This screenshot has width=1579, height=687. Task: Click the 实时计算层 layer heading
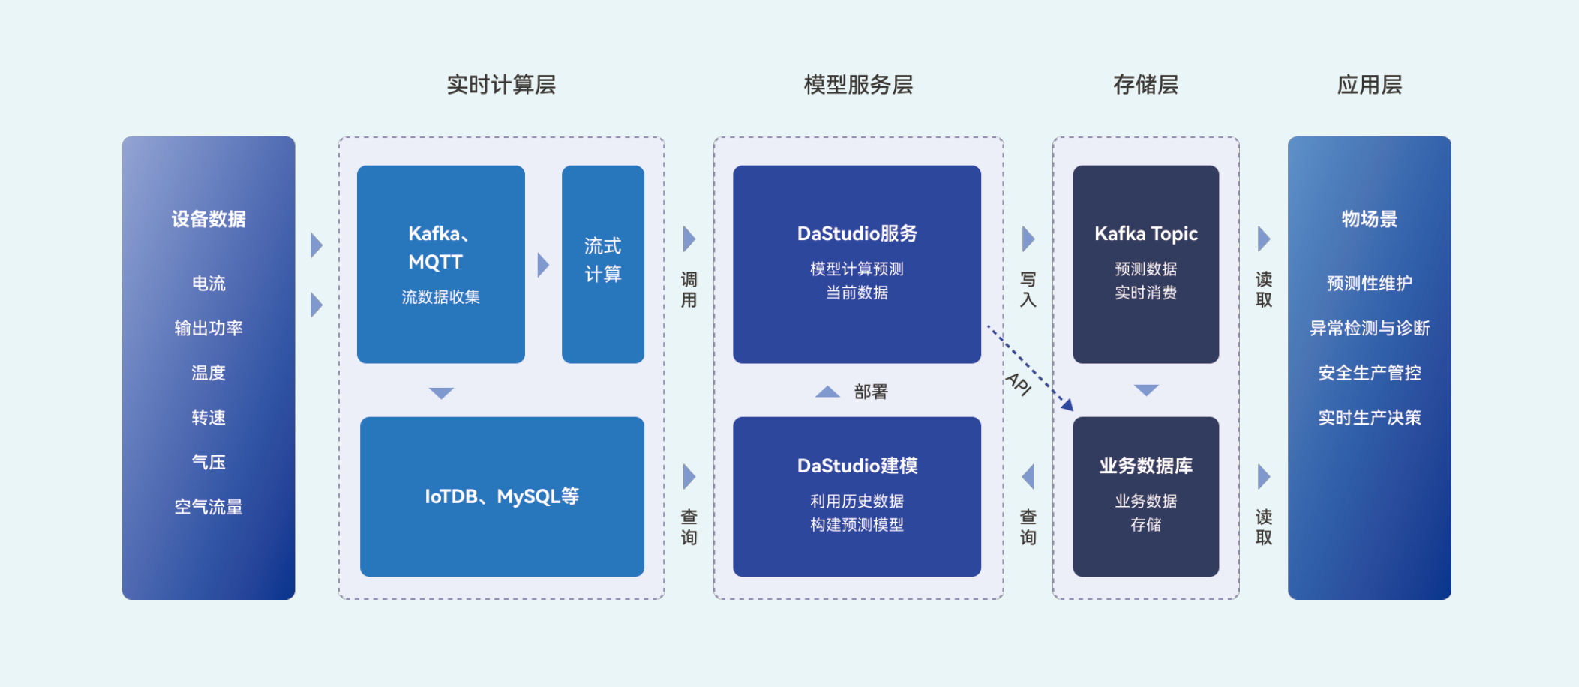click(501, 85)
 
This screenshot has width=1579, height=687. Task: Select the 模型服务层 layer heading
click(858, 85)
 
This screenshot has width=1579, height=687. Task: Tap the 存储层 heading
click(1145, 85)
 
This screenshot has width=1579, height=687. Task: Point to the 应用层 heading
click(1370, 85)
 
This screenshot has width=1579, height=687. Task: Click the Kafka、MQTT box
click(441, 264)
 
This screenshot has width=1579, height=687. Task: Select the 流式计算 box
click(603, 264)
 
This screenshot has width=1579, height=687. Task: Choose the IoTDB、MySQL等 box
click(502, 496)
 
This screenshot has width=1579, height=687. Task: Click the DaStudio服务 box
click(857, 264)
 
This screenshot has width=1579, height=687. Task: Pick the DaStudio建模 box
click(857, 496)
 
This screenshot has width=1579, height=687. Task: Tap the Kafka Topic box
click(1145, 264)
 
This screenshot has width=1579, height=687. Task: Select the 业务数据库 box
click(1145, 496)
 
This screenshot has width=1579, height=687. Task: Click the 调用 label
click(689, 289)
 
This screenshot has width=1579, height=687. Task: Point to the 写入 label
click(1028, 289)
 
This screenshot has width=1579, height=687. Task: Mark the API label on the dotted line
click(1019, 383)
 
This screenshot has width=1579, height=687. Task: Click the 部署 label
click(871, 391)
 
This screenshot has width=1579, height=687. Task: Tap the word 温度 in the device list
click(209, 373)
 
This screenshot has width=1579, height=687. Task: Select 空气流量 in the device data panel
click(209, 507)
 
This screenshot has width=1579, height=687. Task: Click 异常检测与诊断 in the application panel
click(1370, 328)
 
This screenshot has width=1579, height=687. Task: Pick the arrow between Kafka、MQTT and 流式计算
click(544, 265)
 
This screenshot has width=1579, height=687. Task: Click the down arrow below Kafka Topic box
click(1146, 390)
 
